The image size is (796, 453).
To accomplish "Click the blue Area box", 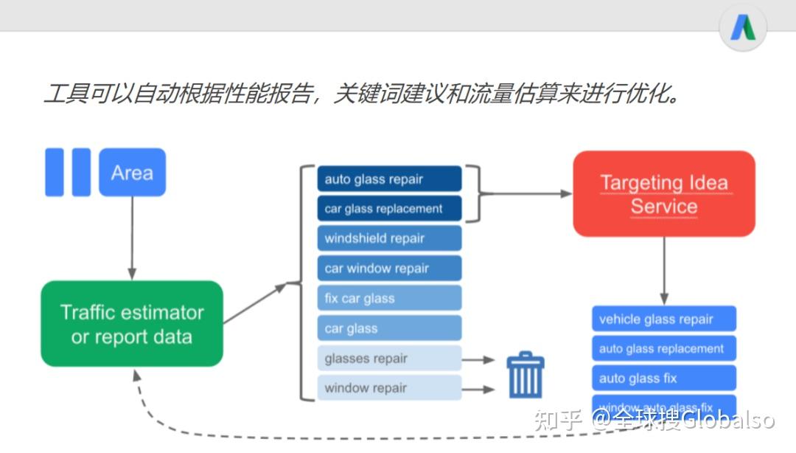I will [x=133, y=173].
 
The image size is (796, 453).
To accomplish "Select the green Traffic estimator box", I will [x=132, y=324].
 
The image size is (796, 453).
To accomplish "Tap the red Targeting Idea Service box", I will [x=663, y=194].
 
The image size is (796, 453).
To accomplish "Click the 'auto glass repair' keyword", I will [x=389, y=179].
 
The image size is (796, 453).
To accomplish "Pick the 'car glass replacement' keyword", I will [x=389, y=209].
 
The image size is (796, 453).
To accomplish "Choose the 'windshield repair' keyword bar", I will [x=389, y=238].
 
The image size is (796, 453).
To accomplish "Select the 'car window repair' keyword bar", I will [x=389, y=269].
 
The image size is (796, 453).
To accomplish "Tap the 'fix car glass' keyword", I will [x=389, y=299].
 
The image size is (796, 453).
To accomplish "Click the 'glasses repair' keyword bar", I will [x=389, y=359].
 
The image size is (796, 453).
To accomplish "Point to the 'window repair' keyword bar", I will [x=389, y=388].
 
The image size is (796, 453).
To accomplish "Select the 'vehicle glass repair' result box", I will [x=663, y=319].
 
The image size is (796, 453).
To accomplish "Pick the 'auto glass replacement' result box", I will [x=663, y=349].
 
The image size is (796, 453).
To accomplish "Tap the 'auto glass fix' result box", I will [x=663, y=378].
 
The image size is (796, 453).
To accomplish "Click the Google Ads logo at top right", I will [x=743, y=28].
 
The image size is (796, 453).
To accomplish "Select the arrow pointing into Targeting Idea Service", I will [x=526, y=194].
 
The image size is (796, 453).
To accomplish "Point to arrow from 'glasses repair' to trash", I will [x=479, y=360].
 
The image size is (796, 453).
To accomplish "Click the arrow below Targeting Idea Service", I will [x=663, y=270].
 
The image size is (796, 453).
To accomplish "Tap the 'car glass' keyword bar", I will [x=389, y=328].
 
